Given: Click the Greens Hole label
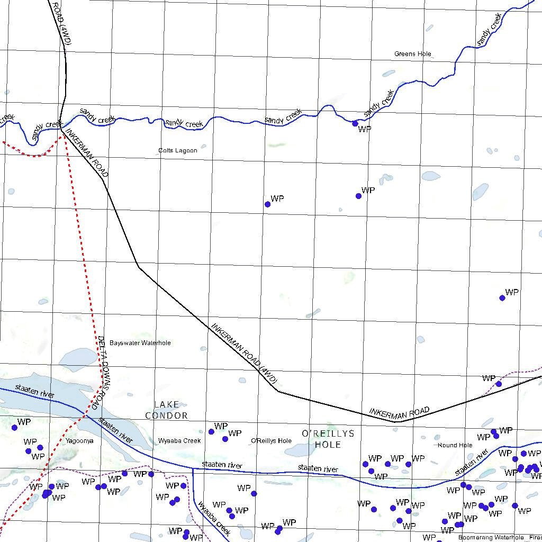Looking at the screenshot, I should tap(413, 54).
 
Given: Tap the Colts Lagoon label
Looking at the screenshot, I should tap(178, 150).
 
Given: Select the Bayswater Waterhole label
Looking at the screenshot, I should tap(140, 343).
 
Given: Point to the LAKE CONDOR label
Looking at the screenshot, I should tap(167, 410).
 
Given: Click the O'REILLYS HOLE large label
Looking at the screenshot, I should tap(328, 439).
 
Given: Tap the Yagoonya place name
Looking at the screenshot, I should tap(80, 440).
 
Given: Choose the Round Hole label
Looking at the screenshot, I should tap(455, 445).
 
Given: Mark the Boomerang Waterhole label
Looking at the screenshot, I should tap(491, 538).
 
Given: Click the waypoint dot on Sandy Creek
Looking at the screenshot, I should tap(355, 123).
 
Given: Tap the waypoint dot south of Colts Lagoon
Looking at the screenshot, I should tap(267, 204).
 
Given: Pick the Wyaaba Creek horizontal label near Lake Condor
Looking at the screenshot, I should tap(179, 440).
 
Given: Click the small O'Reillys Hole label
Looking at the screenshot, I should tap(271, 440).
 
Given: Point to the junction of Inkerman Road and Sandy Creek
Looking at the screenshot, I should tap(61, 128).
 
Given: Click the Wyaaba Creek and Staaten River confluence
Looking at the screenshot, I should tap(193, 468).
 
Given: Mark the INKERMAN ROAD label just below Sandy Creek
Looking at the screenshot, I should tap(88, 153).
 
